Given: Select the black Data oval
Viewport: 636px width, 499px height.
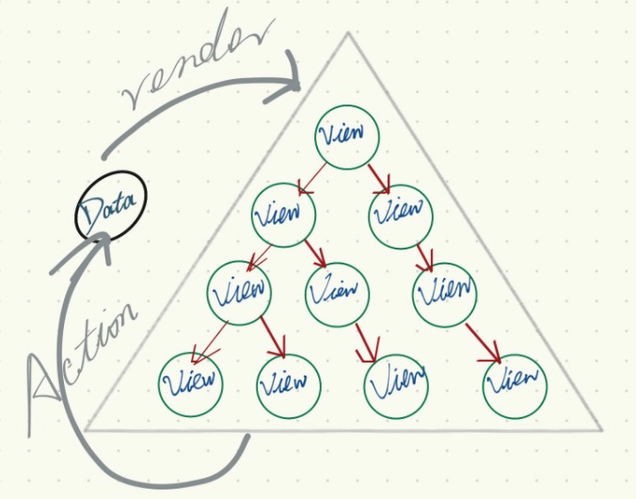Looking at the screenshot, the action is [x=111, y=205].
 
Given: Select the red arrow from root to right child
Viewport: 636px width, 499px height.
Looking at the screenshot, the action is [x=379, y=175].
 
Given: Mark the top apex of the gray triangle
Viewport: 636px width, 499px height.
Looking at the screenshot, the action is [x=348, y=34].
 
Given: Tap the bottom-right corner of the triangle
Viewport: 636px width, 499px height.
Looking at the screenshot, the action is [x=599, y=430].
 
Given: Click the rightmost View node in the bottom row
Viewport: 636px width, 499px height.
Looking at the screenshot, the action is [x=515, y=383].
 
